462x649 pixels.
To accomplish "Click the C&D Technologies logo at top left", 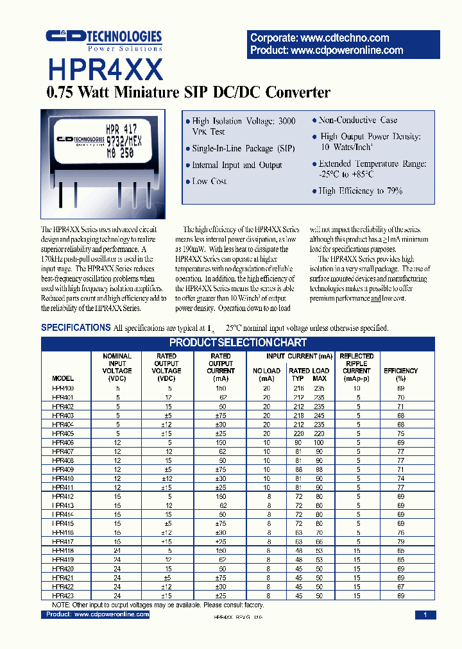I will pyautogui.click(x=104, y=40).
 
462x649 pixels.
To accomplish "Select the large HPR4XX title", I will pyautogui.click(x=105, y=69).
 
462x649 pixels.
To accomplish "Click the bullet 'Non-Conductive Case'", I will pyautogui.click(x=358, y=120).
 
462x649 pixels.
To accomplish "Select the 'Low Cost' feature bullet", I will pyautogui.click(x=209, y=181).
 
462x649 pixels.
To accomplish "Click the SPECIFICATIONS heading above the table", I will pyautogui.click(x=76, y=328).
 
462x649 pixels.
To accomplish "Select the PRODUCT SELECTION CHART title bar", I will pyautogui.click(x=237, y=342).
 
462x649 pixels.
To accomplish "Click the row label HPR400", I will pyautogui.click(x=63, y=389).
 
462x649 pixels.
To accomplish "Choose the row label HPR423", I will pyautogui.click(x=63, y=596).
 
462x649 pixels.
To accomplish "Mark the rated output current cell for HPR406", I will pyautogui.click(x=221, y=442).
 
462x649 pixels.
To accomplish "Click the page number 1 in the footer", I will pyautogui.click(x=425, y=615).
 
